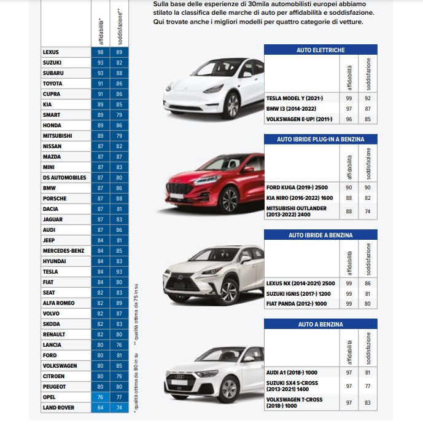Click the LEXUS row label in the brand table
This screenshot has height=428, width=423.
(x=51, y=52)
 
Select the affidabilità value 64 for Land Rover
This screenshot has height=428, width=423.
(x=101, y=407)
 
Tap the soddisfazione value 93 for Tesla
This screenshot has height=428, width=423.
(x=119, y=271)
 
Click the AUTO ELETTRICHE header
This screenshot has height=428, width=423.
(x=320, y=50)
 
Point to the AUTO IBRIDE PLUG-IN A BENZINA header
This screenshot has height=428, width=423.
(x=320, y=140)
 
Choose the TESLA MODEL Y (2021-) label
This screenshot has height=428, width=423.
(x=294, y=98)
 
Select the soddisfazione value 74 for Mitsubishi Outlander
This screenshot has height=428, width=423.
(x=368, y=212)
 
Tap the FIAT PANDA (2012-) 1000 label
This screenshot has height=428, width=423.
(x=296, y=304)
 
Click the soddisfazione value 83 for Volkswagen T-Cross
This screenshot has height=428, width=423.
(x=368, y=402)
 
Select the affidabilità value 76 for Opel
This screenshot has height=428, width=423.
(x=101, y=397)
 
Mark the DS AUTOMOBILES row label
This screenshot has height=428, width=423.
(x=64, y=177)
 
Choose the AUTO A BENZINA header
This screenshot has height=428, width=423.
(x=320, y=324)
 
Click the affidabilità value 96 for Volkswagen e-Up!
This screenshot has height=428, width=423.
(x=349, y=119)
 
